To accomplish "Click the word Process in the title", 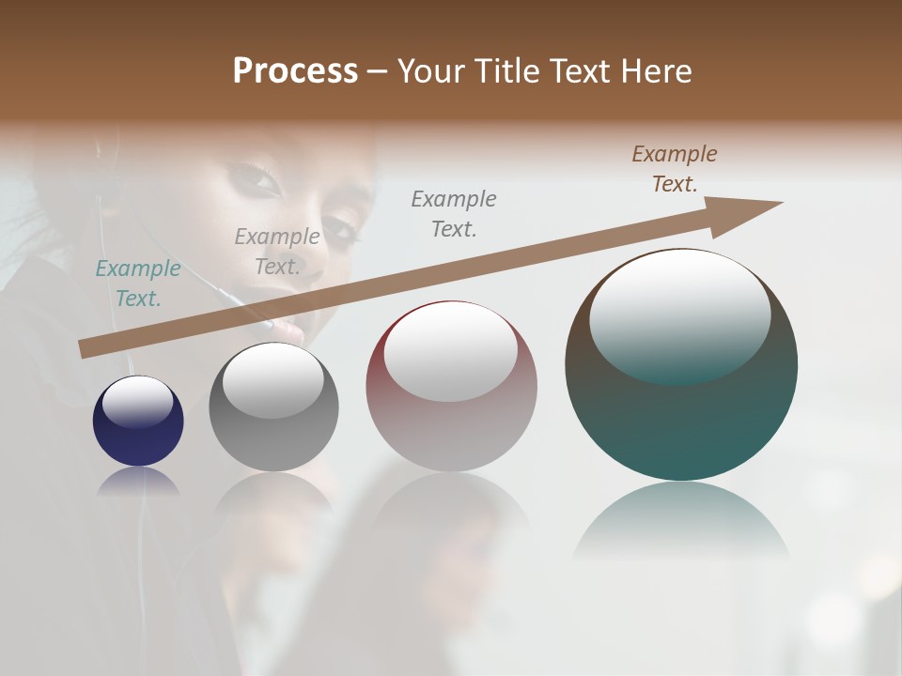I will (x=295, y=71).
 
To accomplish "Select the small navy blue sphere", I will (x=138, y=422).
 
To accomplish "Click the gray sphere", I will (x=273, y=407).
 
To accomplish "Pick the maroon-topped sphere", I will (x=451, y=386).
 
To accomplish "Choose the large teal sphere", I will (x=681, y=365).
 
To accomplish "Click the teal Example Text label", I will (x=138, y=284).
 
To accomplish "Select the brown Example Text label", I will (x=675, y=169).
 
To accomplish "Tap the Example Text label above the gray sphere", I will (x=277, y=252).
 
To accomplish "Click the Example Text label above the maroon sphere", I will (x=454, y=213).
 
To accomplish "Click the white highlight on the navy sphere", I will (x=137, y=402).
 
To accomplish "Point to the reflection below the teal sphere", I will (x=681, y=521).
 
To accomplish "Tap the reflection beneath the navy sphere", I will (x=138, y=481).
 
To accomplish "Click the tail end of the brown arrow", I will (x=86, y=349).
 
